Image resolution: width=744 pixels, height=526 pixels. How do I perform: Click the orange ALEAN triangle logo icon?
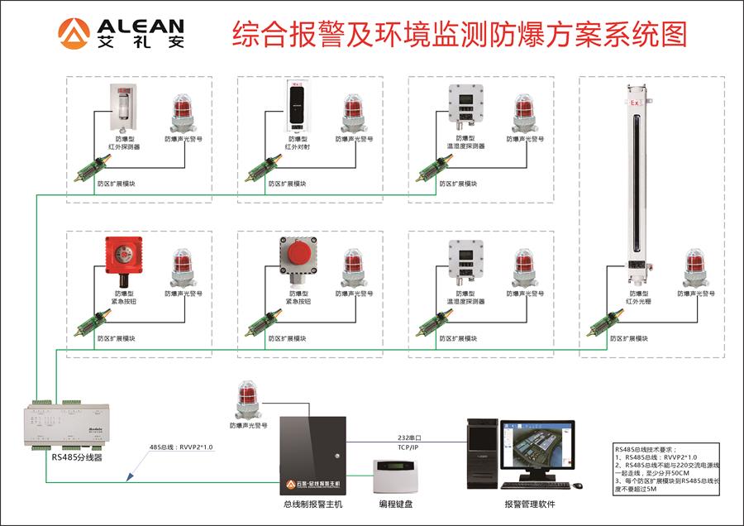pyautogui.click(x=73, y=32)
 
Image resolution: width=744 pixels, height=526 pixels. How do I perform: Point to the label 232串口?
pyautogui.click(x=408, y=438)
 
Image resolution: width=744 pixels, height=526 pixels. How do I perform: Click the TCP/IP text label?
pyautogui.click(x=408, y=448)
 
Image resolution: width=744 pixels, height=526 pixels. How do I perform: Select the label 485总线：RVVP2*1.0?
pyautogui.click(x=181, y=447)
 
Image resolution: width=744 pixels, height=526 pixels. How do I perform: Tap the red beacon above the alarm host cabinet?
pyautogui.click(x=248, y=399)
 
